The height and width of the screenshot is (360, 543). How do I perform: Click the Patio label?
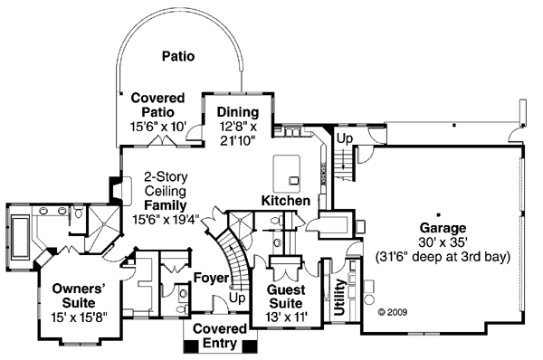click(178, 56)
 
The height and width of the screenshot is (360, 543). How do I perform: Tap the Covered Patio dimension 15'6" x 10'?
click(158, 127)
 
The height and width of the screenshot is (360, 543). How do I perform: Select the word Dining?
click(238, 112)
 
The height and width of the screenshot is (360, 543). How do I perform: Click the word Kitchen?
click(286, 201)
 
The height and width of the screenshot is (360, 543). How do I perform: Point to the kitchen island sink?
click(294, 180)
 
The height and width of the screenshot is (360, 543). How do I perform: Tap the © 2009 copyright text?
click(393, 312)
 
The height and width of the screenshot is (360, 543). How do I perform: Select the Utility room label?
click(339, 298)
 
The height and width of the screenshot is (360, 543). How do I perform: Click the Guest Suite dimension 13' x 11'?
click(286, 317)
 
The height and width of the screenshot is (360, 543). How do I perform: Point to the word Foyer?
click(211, 278)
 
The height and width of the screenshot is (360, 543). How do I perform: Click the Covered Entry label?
click(220, 336)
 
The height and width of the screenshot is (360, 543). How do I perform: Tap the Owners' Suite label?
click(79, 296)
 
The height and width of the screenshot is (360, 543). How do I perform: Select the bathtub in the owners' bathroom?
click(20, 237)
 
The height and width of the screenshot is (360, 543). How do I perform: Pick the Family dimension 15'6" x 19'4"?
click(166, 220)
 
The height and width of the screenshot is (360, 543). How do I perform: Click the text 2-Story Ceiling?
click(166, 184)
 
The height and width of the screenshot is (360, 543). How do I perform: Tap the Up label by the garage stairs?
click(345, 138)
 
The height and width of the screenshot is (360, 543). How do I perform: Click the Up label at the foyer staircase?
click(237, 298)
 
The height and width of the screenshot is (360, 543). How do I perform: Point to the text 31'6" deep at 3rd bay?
click(443, 257)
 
